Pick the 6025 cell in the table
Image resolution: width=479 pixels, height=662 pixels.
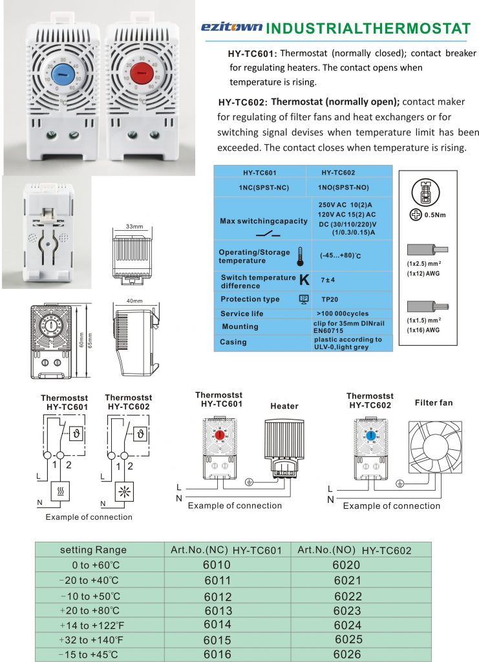[348, 639]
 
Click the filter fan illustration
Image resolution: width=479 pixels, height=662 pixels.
[434, 446]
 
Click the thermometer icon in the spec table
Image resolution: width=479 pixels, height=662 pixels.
[300, 255]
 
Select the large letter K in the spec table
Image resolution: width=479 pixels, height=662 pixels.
[305, 279]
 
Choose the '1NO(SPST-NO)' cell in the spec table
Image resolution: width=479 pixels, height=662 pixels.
[348, 187]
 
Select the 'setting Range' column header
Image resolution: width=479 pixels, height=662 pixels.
[93, 550]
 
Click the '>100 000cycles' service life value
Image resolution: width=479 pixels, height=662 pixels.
[342, 314]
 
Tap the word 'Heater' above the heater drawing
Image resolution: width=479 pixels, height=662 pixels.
[284, 406]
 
